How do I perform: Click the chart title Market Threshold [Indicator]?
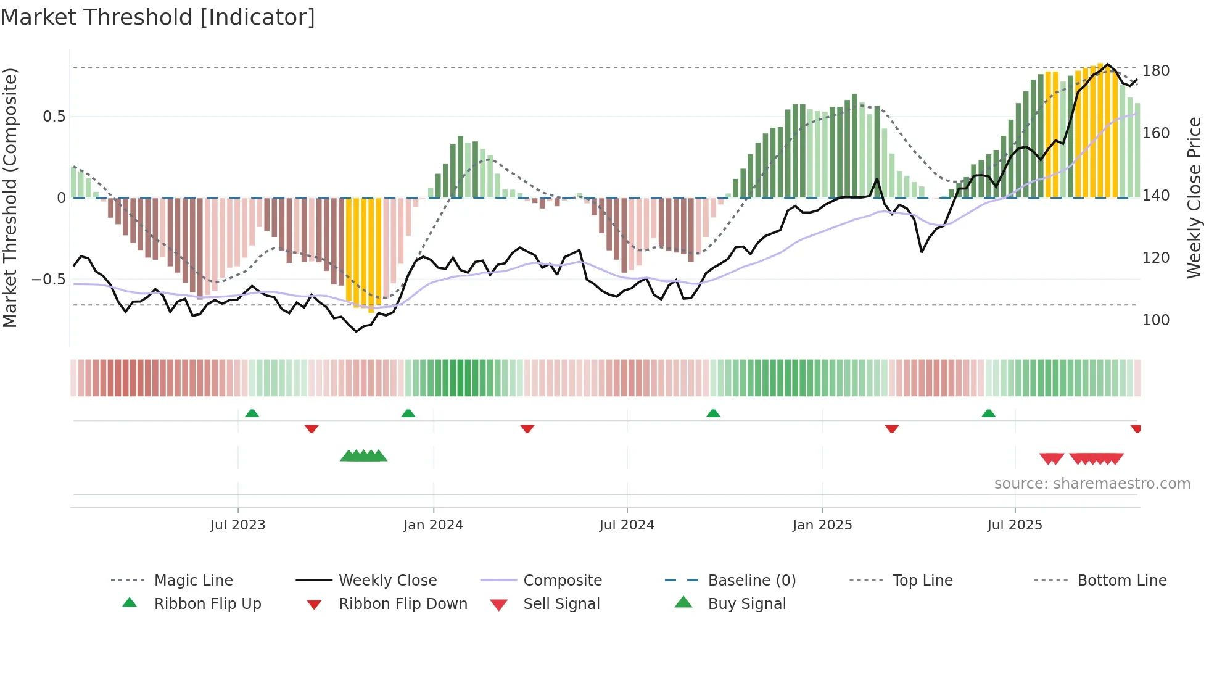coord(158,17)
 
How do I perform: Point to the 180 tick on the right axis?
coord(1155,71)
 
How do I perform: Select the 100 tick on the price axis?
coord(1155,320)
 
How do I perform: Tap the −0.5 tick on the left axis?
coord(48,280)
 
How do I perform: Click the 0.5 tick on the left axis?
coord(54,117)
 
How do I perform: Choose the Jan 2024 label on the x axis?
coord(433,525)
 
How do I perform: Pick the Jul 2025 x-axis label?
coord(1015,525)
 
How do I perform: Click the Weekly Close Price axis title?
coord(1194,197)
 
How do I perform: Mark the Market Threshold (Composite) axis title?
coord(10,197)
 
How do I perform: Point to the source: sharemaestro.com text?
coord(1092,484)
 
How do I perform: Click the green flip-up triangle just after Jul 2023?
coord(252,413)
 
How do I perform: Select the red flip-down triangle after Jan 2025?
coord(891,428)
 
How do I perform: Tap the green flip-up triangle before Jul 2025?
coord(988,413)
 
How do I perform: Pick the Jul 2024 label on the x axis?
coord(627,525)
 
